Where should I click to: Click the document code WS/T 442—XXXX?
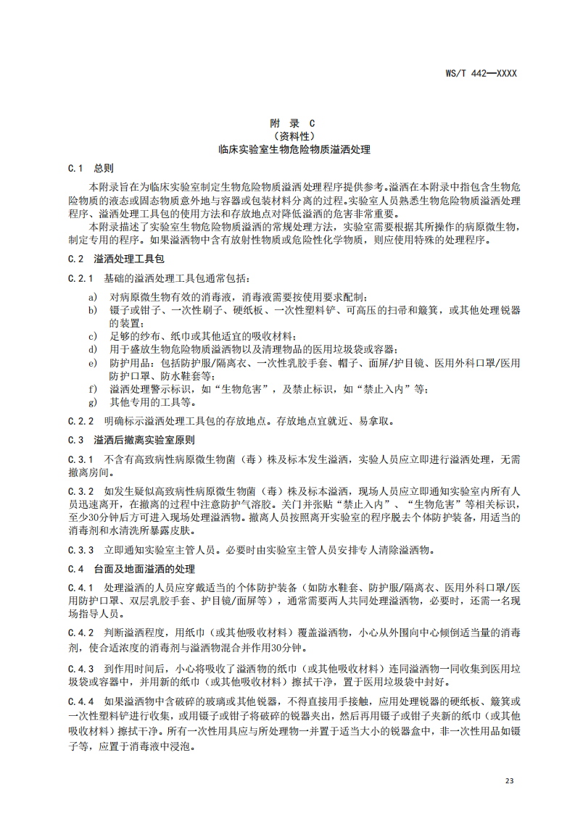pyautogui.click(x=481, y=73)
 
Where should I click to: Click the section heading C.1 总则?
pyautogui.click(x=91, y=168)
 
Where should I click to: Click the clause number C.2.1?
pyautogui.click(x=81, y=278)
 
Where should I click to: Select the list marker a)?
pyautogui.click(x=93, y=297)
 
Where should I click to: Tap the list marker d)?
pyautogui.click(x=93, y=349)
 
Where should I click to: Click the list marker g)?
pyautogui.click(x=93, y=401)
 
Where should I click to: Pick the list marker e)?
pyautogui.click(x=93, y=362)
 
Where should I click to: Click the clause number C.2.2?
pyautogui.click(x=81, y=421)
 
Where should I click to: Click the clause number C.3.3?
pyautogui.click(x=81, y=550)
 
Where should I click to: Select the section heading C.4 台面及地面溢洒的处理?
pyautogui.click(x=131, y=569)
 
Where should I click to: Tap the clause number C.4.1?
pyautogui.click(x=81, y=588)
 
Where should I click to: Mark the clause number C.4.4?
pyautogui.click(x=81, y=701)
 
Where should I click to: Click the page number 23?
pyautogui.click(x=509, y=781)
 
